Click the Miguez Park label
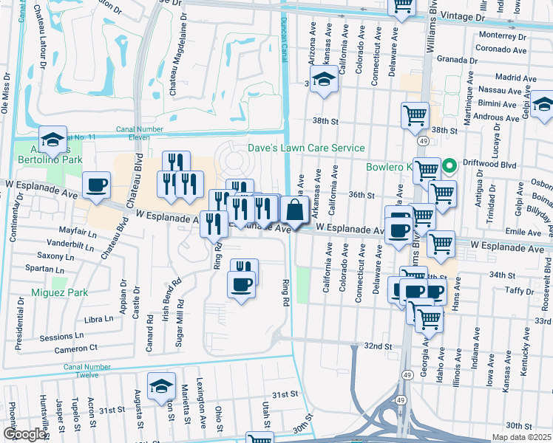pos(60,292)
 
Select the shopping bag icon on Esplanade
pos(294,210)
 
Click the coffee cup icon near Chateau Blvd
pos(96,185)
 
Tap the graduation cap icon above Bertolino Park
pos(52,140)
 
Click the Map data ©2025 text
pos(522,437)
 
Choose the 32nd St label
pos(377,346)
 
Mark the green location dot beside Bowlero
pos(449,165)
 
